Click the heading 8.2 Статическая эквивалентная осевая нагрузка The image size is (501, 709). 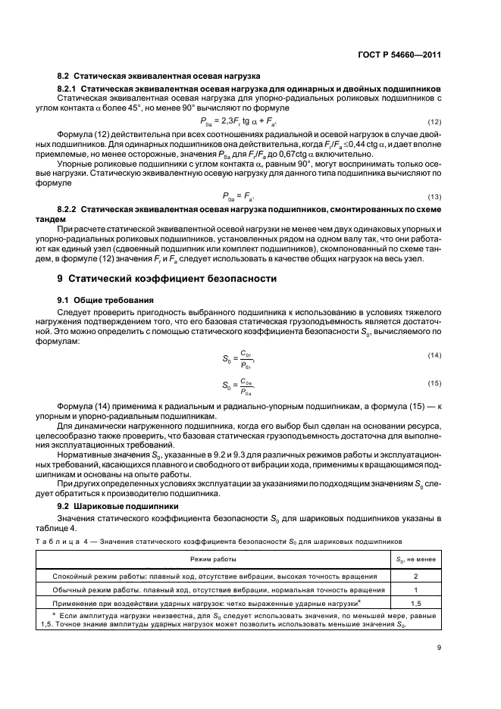(159, 77)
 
